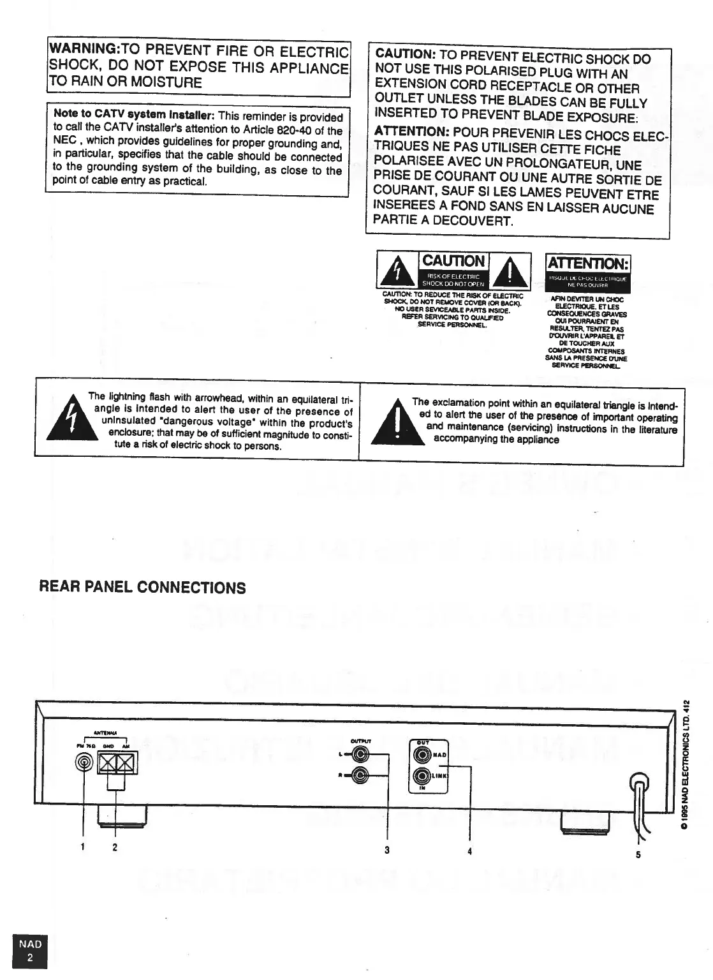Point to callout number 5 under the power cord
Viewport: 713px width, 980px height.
(x=638, y=856)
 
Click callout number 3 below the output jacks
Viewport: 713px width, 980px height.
(x=387, y=850)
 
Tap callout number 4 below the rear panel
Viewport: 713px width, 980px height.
(x=469, y=851)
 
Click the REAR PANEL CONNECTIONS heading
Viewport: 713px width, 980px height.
(x=142, y=588)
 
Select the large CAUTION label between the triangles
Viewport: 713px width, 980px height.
(x=453, y=260)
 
